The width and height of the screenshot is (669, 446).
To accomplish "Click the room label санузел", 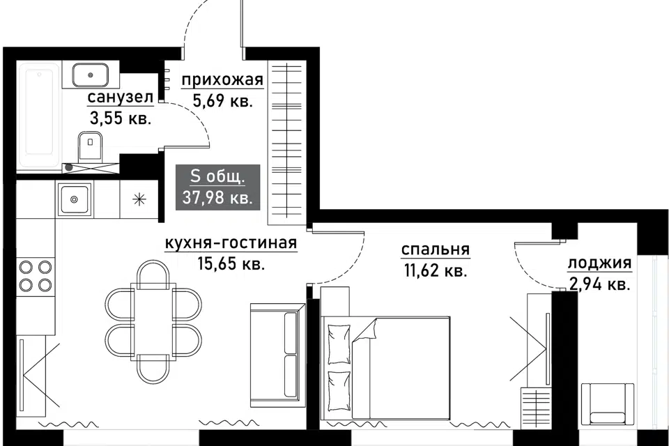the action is (x=120, y=98).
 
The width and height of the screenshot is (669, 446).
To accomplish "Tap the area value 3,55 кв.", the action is (x=121, y=118).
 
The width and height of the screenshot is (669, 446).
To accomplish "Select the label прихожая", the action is (x=222, y=80).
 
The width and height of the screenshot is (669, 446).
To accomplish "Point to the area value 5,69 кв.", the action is (x=223, y=101).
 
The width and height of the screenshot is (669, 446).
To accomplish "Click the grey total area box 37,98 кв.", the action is (x=218, y=187).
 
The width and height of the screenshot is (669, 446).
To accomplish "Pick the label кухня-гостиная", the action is (x=231, y=243).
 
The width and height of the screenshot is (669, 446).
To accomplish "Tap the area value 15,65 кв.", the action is (x=231, y=263).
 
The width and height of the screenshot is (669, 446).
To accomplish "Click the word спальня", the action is (x=435, y=249).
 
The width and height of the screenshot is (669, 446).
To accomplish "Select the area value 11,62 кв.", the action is (x=435, y=270).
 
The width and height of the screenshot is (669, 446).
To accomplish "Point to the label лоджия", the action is (x=599, y=263).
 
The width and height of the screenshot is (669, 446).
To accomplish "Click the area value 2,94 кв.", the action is (x=599, y=284).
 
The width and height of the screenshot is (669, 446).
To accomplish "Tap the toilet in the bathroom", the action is (x=90, y=144).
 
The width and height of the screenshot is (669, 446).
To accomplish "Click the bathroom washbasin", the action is (x=90, y=75).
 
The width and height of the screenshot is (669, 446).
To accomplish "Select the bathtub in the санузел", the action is (x=39, y=116).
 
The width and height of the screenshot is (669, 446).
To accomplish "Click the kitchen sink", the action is (x=75, y=199).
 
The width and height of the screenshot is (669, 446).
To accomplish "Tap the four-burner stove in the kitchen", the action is (x=36, y=276).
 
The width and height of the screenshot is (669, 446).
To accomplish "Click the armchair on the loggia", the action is (x=608, y=404).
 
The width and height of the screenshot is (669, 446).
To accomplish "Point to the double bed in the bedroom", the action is (x=386, y=368).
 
